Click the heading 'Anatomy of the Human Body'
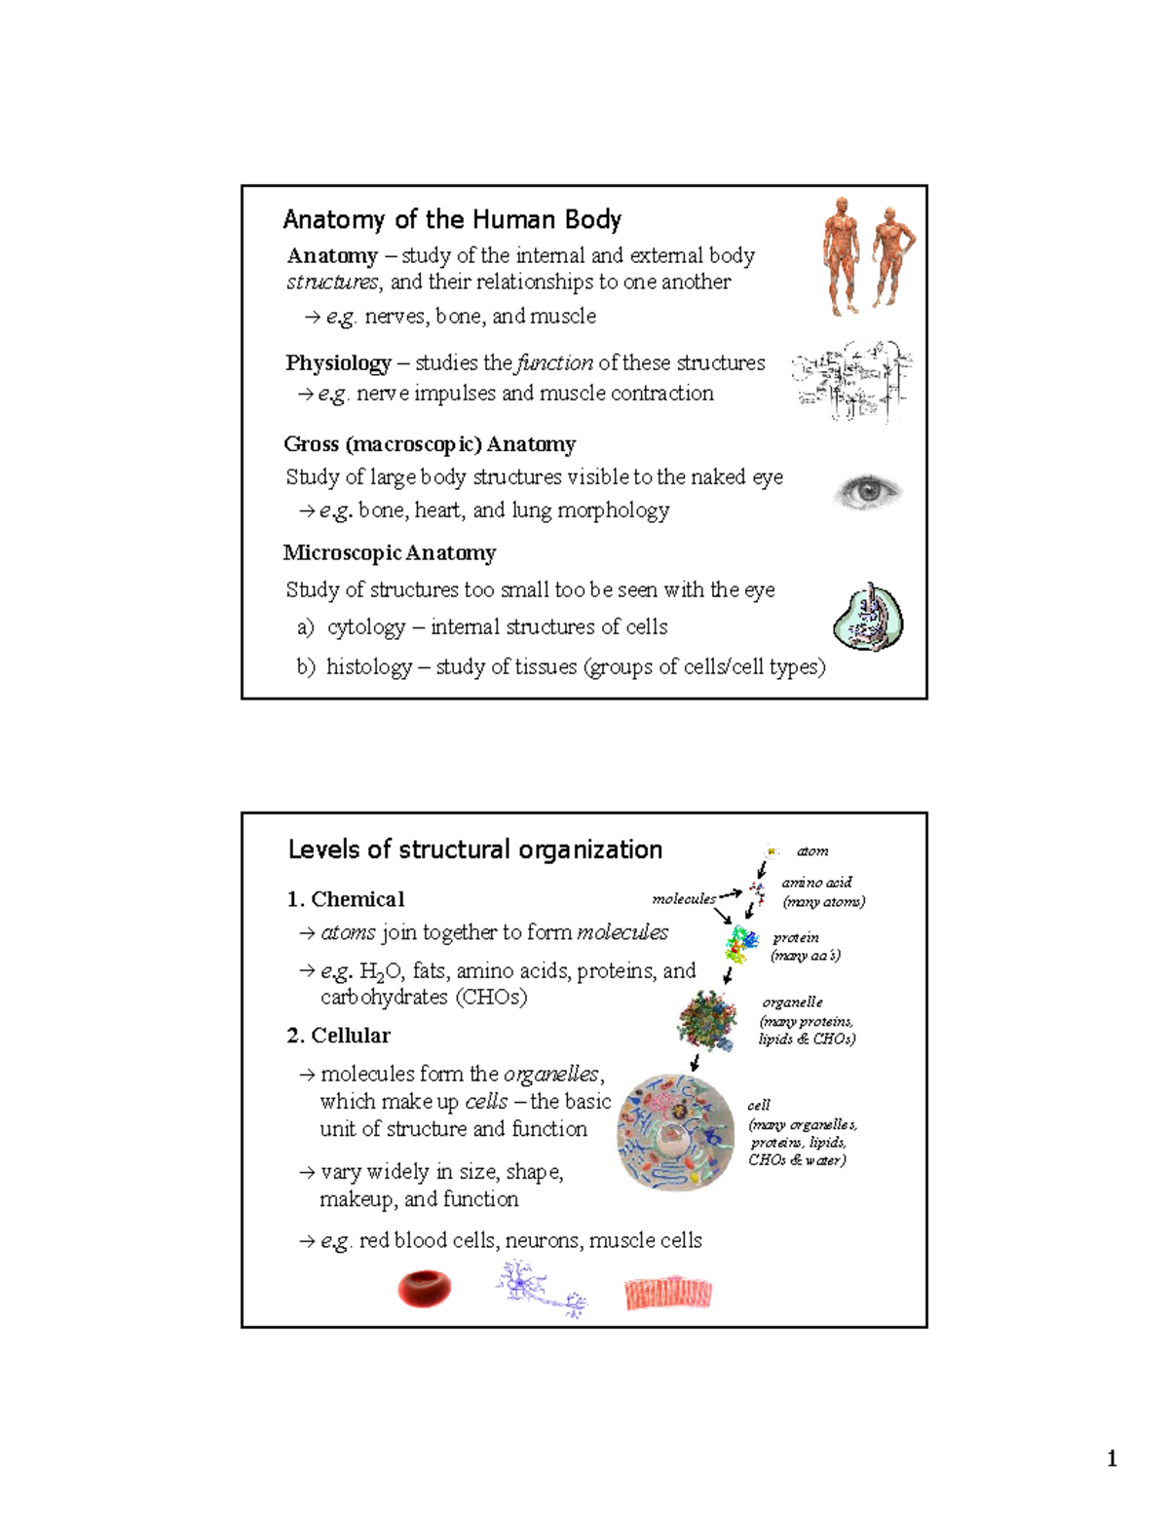pos(452,220)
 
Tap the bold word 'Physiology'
pos(338,363)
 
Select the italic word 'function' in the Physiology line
pos(554,363)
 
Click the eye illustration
pos(868,491)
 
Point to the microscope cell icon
pos(869,618)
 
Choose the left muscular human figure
pos(841,255)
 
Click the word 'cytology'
pos(366,627)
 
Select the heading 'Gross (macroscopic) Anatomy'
pos(430,444)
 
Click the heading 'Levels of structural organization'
pos(475,850)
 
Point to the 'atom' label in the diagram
pos(812,851)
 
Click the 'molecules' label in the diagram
pos(684,899)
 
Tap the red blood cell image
pos(425,1288)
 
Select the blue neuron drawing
pos(540,1288)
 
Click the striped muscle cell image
pos(668,1293)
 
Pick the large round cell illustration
pos(676,1132)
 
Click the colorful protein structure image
pos(741,943)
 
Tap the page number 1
pos(1112,1458)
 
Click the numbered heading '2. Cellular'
pos(338,1036)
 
